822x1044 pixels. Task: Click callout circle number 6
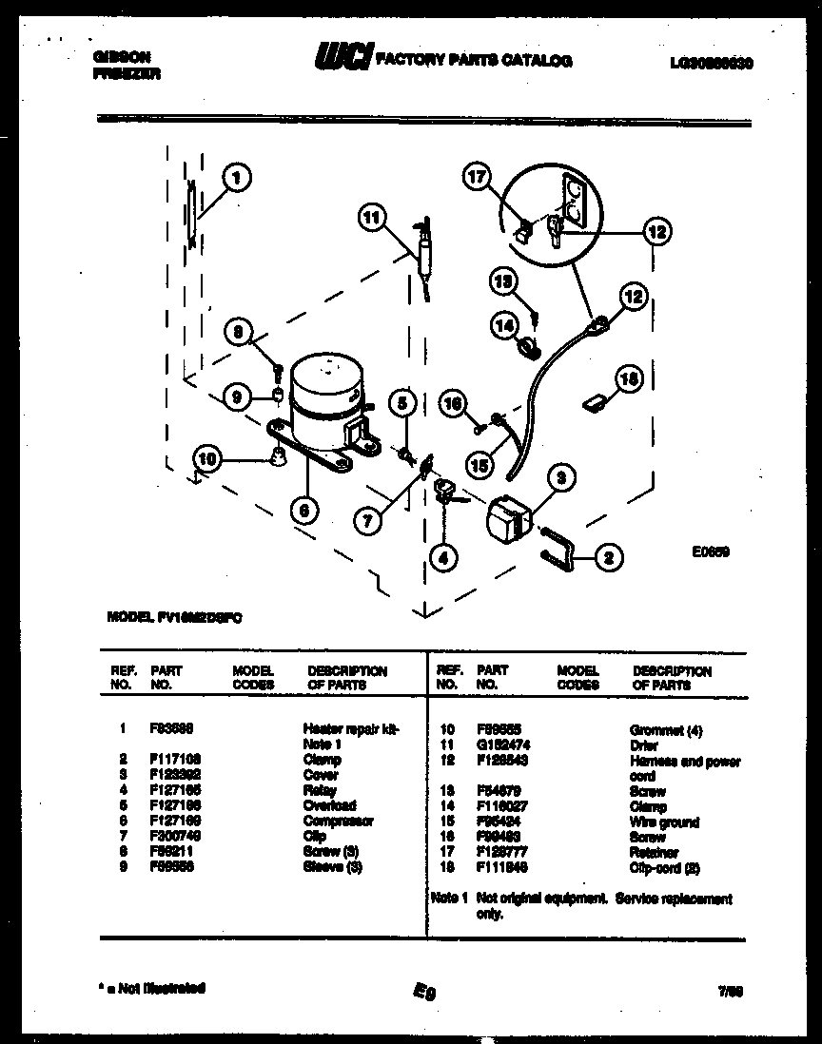click(303, 511)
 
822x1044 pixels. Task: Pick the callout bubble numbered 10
click(206, 459)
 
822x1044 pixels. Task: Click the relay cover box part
click(509, 520)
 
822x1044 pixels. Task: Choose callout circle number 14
click(503, 325)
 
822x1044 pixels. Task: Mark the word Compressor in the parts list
click(338, 821)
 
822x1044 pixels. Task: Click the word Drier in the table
click(645, 745)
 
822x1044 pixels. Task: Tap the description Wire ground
click(663, 822)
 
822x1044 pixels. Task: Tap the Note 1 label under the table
click(447, 899)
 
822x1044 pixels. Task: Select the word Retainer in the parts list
click(654, 853)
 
